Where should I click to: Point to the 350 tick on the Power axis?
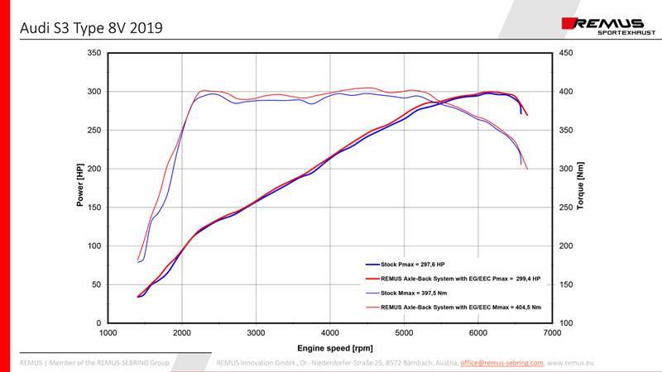pos(94,53)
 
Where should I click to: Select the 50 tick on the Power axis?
pos(96,284)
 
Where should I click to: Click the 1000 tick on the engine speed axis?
pos(108,333)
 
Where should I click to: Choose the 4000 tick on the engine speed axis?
pos(330,333)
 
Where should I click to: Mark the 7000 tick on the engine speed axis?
pos(552,333)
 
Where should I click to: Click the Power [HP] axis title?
pos(80,188)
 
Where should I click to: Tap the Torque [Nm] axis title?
pos(582,188)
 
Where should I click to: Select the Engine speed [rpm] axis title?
pos(330,349)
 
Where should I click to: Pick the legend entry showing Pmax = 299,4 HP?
pos(460,280)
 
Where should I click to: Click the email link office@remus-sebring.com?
pos(501,362)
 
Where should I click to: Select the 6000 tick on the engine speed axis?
pos(478,333)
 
